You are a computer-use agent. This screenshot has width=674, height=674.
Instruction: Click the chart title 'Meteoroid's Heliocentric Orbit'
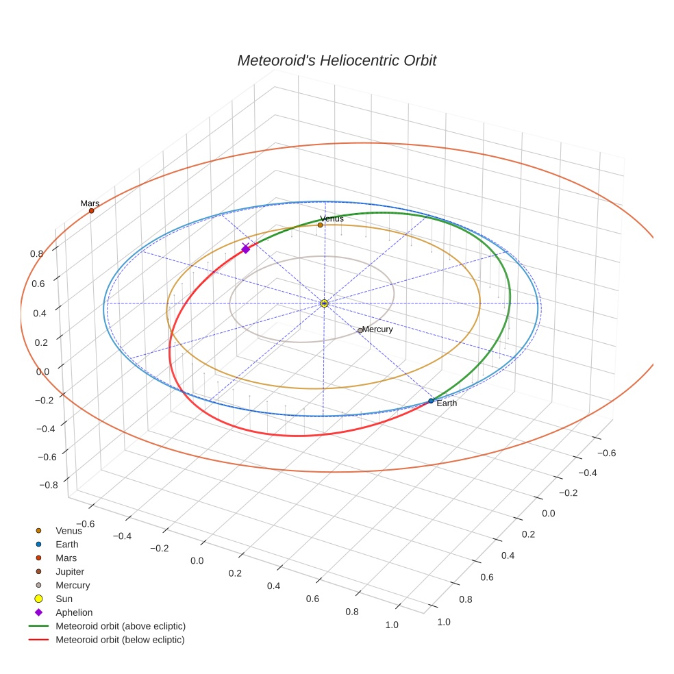click(336, 60)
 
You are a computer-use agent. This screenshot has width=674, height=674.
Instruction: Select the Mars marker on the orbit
click(91, 211)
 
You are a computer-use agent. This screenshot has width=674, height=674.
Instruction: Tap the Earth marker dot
click(431, 401)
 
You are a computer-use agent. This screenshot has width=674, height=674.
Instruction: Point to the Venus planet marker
click(320, 225)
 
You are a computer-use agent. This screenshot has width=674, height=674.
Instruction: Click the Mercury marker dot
click(360, 330)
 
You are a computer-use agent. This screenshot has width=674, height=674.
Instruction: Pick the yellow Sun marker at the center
click(324, 303)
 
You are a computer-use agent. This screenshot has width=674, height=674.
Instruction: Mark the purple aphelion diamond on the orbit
click(245, 250)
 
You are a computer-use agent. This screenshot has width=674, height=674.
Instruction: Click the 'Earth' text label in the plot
click(447, 403)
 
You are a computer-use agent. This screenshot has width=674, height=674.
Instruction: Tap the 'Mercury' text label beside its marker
click(377, 329)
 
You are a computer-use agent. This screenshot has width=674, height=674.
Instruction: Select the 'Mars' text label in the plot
click(90, 203)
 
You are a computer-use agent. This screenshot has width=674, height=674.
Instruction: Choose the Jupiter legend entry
click(69, 571)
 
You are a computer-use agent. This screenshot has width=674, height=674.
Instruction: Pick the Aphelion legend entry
click(73, 612)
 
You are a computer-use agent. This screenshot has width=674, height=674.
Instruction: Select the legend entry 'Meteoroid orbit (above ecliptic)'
click(120, 626)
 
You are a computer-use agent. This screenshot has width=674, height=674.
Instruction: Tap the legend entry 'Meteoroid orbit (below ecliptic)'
click(120, 640)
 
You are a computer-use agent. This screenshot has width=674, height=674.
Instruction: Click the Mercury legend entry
click(72, 585)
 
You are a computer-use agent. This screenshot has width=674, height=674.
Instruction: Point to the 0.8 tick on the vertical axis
click(36, 253)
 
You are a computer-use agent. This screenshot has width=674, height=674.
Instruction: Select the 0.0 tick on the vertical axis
click(42, 371)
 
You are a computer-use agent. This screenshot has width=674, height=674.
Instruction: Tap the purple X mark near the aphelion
click(245, 245)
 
